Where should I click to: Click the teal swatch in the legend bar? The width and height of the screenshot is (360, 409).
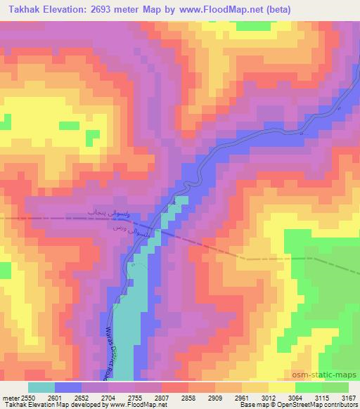[x=42, y=387]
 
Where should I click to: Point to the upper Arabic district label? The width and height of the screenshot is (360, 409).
[x=85, y=212]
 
